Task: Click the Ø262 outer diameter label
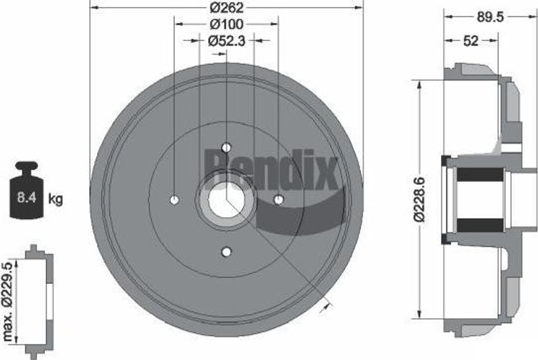(x=226, y=7)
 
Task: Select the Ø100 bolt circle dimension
(x=226, y=24)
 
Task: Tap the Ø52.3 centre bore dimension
(x=226, y=41)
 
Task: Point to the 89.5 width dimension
(x=490, y=17)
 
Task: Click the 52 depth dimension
(x=471, y=41)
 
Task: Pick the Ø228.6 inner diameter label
(x=419, y=200)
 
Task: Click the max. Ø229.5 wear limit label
(x=7, y=302)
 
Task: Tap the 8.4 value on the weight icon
(x=27, y=198)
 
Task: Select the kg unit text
(x=56, y=199)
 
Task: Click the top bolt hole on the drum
(x=226, y=148)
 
